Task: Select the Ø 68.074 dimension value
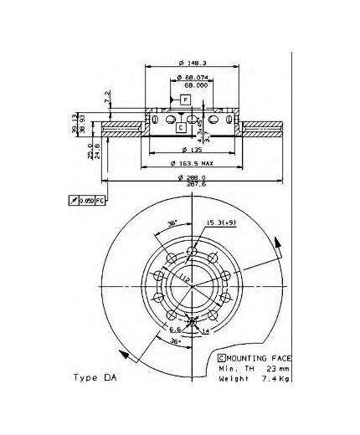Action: click(x=196, y=78)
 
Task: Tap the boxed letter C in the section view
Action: click(x=180, y=127)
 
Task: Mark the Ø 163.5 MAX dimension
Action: click(x=193, y=164)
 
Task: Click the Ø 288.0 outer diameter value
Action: click(x=192, y=177)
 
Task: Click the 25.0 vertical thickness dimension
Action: click(x=89, y=152)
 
